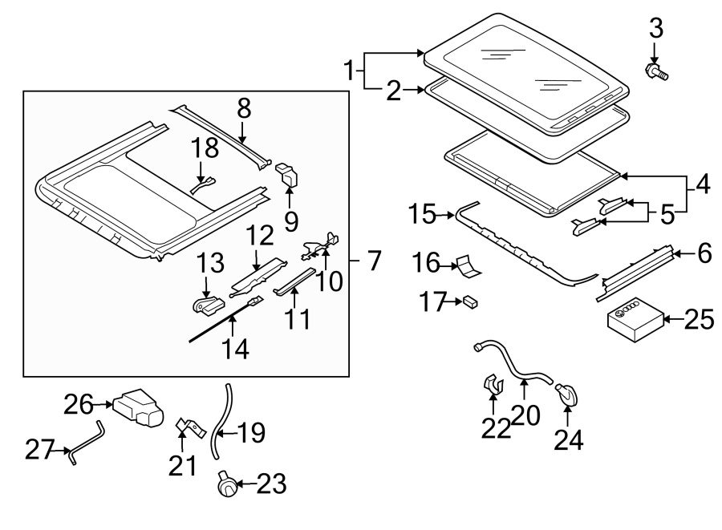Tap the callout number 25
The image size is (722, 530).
700,320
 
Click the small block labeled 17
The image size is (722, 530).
470,301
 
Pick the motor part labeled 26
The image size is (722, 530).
138,409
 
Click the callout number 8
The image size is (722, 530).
244,109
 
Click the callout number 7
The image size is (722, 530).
374,261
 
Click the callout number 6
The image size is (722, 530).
704,254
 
